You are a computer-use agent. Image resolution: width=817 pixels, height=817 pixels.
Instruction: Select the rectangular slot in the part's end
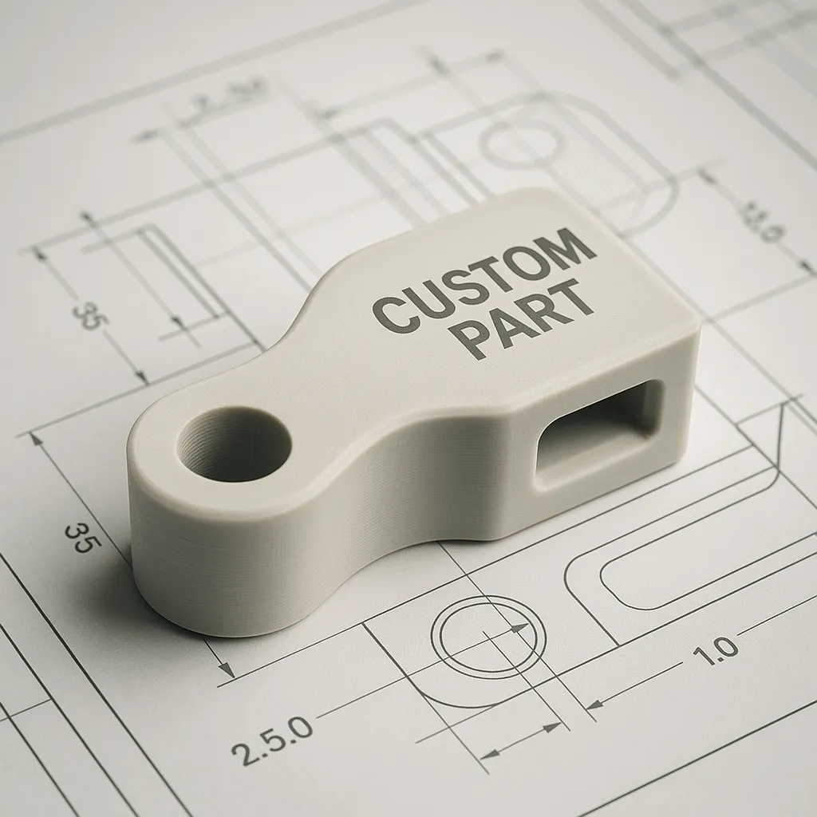coord(598,431)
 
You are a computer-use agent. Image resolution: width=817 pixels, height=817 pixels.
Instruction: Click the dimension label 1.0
coord(715,653)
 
